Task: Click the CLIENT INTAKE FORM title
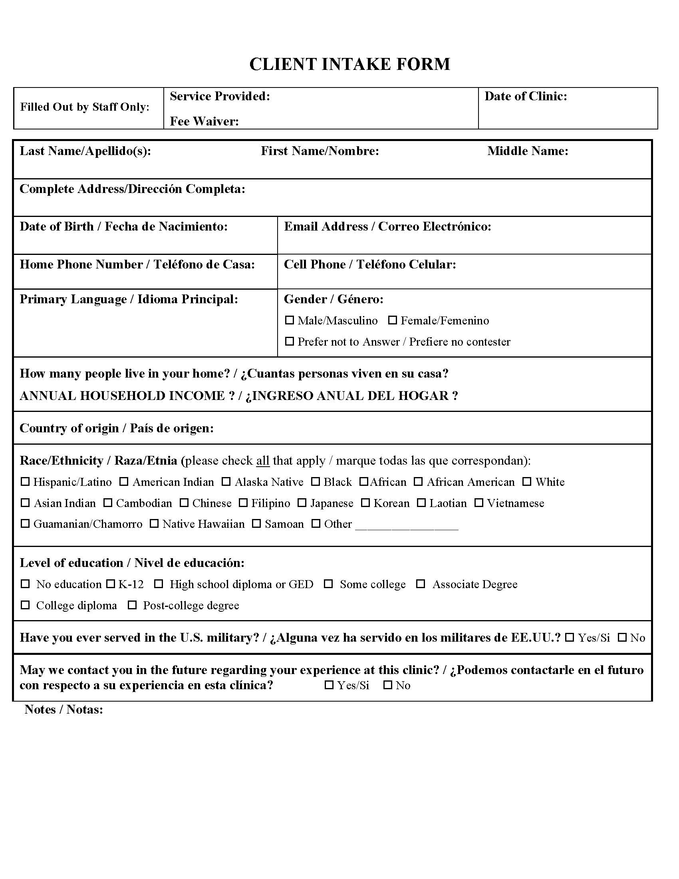point(349,64)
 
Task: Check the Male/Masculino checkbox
point(289,320)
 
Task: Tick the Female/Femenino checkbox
point(393,320)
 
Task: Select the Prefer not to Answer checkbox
point(289,341)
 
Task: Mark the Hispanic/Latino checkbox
point(25,481)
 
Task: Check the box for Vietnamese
point(478,503)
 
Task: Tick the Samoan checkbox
point(257,524)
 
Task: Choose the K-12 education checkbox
point(110,584)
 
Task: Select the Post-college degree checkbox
point(132,605)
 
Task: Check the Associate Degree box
point(420,584)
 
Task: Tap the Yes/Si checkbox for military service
point(570,638)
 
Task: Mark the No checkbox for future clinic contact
point(388,684)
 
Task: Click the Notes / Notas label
point(64,709)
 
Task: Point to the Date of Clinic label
point(525,96)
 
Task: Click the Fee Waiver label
point(204,121)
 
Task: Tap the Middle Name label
point(528,151)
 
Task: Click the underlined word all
point(263,460)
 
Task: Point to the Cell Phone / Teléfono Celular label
point(370,264)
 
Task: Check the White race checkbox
point(527,481)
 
